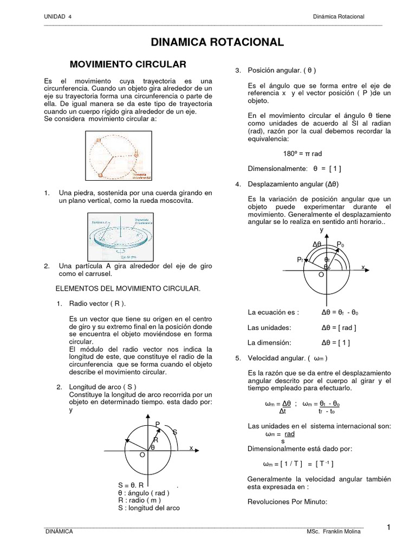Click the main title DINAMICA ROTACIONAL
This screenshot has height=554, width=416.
tap(217, 42)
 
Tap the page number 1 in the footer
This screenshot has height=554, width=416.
tap(389, 527)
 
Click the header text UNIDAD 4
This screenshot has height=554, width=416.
tap(57, 17)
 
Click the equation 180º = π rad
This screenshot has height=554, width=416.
tap(302, 153)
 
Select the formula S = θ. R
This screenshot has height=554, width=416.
tap(131, 485)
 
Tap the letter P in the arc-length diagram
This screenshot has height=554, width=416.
tap(158, 424)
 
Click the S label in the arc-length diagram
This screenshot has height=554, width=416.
tap(175, 432)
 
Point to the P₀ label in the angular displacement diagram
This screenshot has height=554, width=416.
tap(340, 245)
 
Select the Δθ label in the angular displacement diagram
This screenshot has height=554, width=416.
tap(317, 245)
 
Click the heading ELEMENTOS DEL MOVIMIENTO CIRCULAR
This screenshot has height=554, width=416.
tap(128, 288)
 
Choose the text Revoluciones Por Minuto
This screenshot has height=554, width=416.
tap(287, 502)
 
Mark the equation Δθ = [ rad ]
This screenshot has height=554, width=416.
tap(339, 327)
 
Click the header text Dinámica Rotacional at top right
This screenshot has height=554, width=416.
tap(339, 17)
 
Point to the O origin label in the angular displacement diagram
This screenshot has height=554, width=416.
tap(321, 275)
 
